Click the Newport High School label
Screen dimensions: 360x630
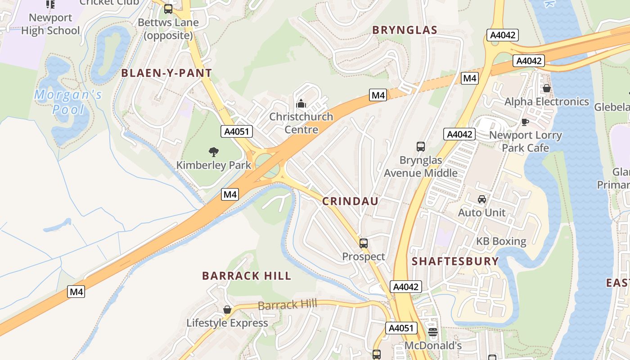50,24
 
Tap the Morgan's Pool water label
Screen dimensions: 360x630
68,102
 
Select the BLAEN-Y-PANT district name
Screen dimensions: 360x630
166,73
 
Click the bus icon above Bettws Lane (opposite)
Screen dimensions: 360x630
168,9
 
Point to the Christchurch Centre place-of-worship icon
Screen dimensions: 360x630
301,104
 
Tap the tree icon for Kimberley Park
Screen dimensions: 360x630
214,152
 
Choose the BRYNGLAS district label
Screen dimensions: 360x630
405,30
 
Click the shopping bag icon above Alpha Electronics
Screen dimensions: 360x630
546,88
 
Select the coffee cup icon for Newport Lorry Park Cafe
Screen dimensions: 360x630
525,122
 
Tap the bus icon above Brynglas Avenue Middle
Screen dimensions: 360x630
421,147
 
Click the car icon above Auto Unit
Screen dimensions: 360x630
481,199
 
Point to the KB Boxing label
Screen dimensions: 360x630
501,241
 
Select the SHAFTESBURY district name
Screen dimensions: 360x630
455,261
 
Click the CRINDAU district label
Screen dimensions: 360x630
350,201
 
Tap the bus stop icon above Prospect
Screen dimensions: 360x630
364,243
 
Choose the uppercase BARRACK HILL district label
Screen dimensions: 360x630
247,276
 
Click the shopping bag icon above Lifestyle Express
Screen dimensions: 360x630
227,310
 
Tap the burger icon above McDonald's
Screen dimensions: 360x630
433,333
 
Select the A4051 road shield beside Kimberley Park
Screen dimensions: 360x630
237,131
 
